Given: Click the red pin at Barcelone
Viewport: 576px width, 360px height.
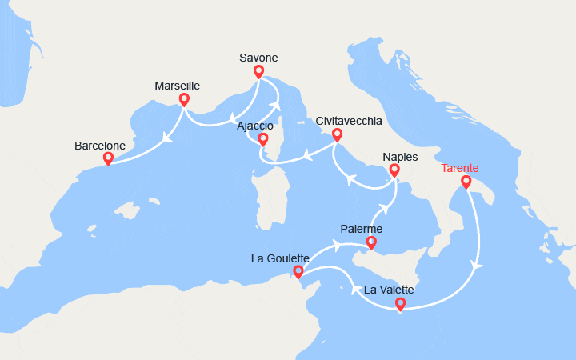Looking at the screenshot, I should pyautogui.click(x=109, y=158).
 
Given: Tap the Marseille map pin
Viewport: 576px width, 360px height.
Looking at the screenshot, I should pyautogui.click(x=184, y=100).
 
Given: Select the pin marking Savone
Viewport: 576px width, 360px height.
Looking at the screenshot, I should pyautogui.click(x=258, y=72).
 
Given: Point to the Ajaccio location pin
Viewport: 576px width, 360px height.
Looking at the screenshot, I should pyautogui.click(x=262, y=140).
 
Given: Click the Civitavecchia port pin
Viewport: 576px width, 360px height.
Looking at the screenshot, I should pyautogui.click(x=337, y=135).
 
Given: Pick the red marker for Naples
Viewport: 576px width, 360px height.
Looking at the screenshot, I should pyautogui.click(x=394, y=170).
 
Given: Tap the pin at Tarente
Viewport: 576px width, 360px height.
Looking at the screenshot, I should pyautogui.click(x=466, y=183).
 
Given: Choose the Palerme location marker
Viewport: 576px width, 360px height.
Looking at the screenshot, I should pyautogui.click(x=371, y=242).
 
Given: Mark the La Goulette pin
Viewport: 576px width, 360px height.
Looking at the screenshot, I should pyautogui.click(x=298, y=273).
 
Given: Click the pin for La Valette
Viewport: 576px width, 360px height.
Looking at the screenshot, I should pyautogui.click(x=400, y=304).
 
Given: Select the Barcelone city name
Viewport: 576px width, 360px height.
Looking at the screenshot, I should pyautogui.click(x=100, y=146).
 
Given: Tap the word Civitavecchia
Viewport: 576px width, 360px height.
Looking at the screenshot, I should pyautogui.click(x=349, y=121).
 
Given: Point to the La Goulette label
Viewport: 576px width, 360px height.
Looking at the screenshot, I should pyautogui.click(x=280, y=258).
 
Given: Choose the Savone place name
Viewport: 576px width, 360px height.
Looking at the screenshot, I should pyautogui.click(x=258, y=58).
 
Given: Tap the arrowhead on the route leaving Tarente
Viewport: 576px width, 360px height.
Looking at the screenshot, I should pyautogui.click(x=478, y=264).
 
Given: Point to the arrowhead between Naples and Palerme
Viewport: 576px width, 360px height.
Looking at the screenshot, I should pyautogui.click(x=383, y=210).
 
